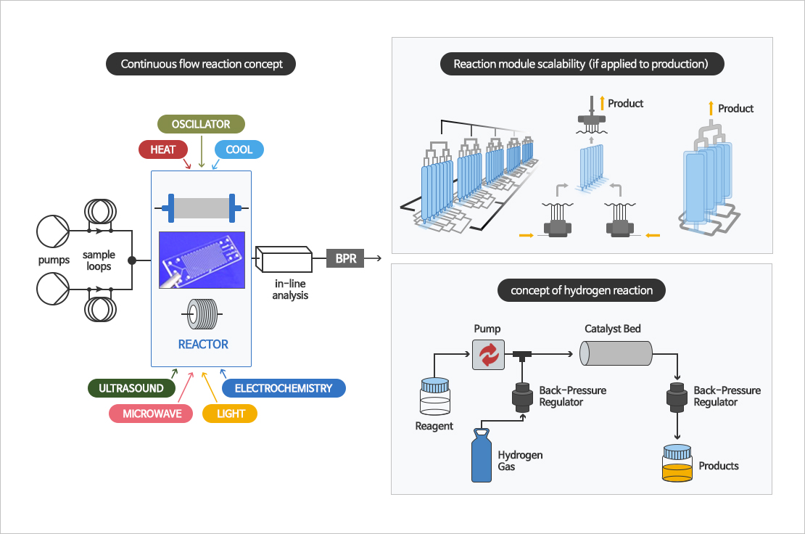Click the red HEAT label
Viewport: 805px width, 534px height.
click(163, 149)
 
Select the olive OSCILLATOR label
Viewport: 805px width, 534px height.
click(201, 124)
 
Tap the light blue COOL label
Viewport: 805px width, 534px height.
click(239, 149)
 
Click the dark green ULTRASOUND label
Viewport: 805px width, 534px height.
click(131, 388)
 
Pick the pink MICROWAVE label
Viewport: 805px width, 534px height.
click(152, 414)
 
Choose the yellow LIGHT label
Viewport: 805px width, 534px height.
click(231, 414)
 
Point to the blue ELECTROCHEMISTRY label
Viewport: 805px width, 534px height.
click(284, 388)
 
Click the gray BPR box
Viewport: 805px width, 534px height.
click(346, 258)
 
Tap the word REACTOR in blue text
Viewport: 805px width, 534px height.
click(203, 344)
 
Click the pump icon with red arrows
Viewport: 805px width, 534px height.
click(488, 355)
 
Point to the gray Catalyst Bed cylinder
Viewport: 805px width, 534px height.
click(616, 354)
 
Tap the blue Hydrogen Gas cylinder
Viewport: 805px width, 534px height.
click(482, 456)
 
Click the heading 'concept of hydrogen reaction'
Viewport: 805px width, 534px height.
click(582, 290)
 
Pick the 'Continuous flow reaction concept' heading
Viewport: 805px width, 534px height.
click(202, 64)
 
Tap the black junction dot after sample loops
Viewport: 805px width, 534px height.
click(131, 260)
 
